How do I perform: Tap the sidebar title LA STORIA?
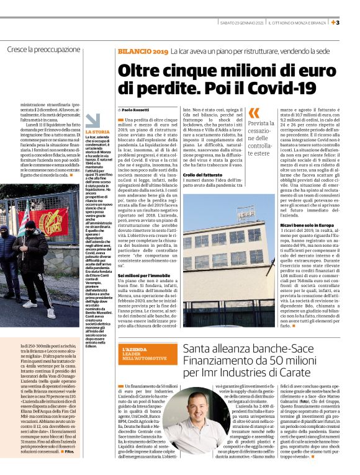[97, 132]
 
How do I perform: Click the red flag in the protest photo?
[52, 221]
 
